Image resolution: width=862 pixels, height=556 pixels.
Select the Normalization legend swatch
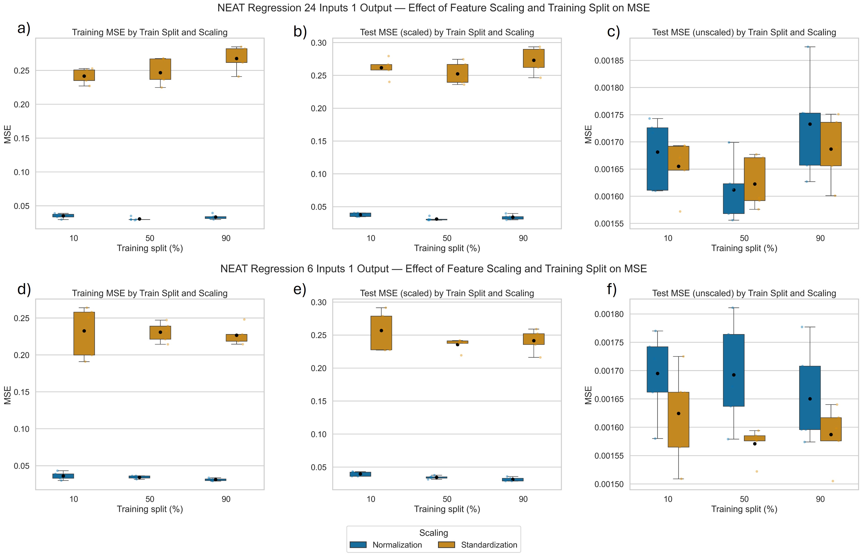point(358,545)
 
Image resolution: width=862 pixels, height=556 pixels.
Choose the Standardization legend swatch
point(446,545)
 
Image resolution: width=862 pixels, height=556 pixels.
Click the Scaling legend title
point(433,533)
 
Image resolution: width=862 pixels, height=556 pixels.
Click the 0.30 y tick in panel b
point(319,43)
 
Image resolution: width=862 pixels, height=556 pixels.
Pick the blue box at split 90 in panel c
point(810,139)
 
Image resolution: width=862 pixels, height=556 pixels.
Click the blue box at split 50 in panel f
point(734,370)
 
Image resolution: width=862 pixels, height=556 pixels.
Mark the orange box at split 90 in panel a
point(236,55)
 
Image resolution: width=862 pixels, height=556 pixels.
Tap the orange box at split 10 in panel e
point(381,333)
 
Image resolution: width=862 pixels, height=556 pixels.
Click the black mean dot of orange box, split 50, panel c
point(755,184)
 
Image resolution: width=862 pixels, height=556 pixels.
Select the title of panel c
point(744,33)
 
